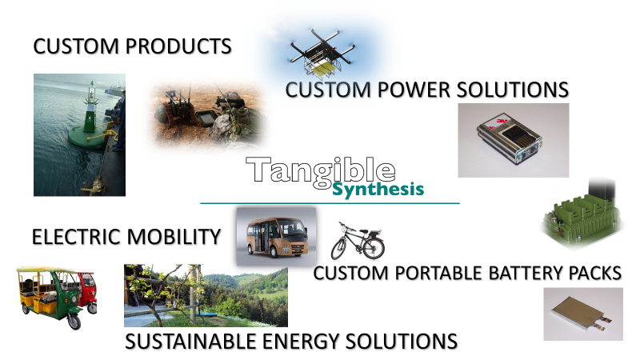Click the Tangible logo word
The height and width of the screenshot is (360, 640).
click(x=320, y=170)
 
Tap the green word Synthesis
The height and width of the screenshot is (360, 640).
click(x=378, y=190)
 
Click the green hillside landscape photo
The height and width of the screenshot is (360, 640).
click(x=206, y=295)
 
